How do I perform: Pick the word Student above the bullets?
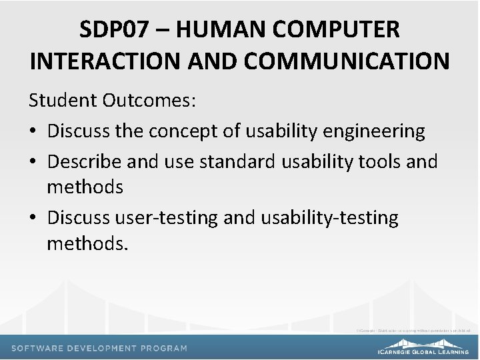64,101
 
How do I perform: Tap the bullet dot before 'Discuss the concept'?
33,131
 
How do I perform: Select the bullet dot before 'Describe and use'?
33,161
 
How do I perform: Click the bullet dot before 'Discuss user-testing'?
33,218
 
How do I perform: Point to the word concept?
185,131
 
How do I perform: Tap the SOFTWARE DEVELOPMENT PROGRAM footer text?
99,348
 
